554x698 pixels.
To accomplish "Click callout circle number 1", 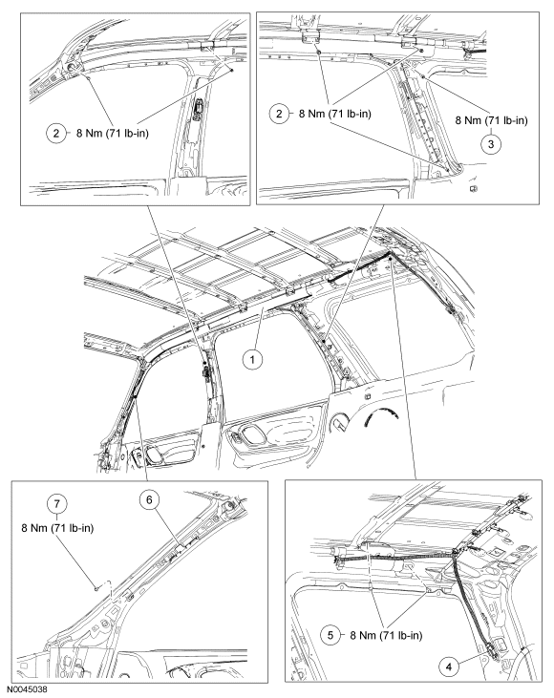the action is [x=252, y=359].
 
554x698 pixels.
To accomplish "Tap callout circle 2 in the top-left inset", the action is [x=56, y=133].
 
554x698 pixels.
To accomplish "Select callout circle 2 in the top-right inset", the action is [x=279, y=114].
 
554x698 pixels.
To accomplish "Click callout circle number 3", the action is [x=491, y=144].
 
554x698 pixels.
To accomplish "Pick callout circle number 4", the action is [x=449, y=666].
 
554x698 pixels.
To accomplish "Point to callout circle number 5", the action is [x=330, y=635].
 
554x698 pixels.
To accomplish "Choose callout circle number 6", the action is [x=149, y=500].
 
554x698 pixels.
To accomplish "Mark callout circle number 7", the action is [x=57, y=504].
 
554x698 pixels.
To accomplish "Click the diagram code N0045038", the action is [x=27, y=689].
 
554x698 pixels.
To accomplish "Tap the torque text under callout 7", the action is [x=57, y=528].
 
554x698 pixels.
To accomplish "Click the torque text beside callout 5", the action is [x=386, y=635].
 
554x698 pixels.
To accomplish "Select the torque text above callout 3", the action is [x=491, y=120].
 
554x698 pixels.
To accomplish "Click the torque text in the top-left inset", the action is [x=113, y=133].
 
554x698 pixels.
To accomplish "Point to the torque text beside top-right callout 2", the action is [x=335, y=114].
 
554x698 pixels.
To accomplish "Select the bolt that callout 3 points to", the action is [x=422, y=77].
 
